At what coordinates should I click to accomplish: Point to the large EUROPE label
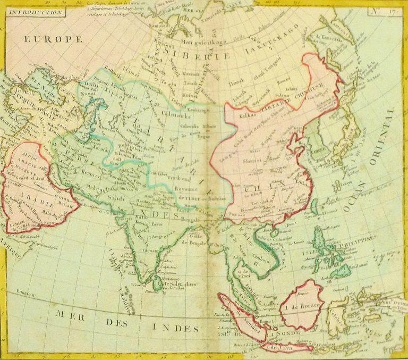coord(53,39)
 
